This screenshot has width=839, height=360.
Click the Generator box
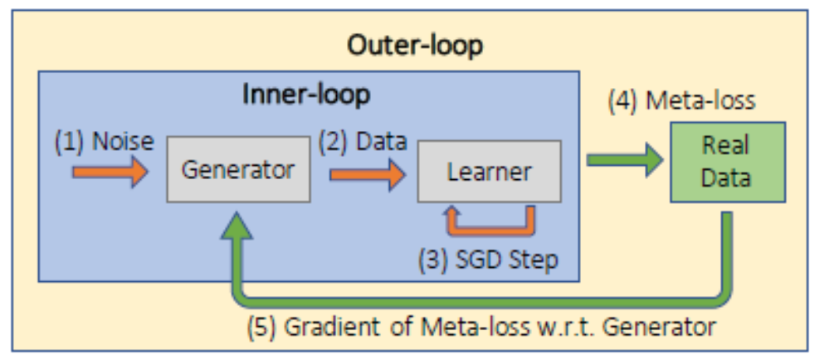pyautogui.click(x=237, y=170)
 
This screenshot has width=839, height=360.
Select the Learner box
pyautogui.click(x=489, y=172)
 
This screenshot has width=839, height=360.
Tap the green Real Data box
pyautogui.click(x=727, y=162)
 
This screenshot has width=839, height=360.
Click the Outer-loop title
pyautogui.click(x=414, y=45)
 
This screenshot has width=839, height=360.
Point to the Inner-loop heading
pyautogui.click(x=306, y=95)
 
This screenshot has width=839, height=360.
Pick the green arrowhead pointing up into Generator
pyautogui.click(x=237, y=226)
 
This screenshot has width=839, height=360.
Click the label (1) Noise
pyautogui.click(x=104, y=142)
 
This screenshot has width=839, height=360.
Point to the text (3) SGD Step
pyautogui.click(x=488, y=260)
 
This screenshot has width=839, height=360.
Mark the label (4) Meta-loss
pyautogui.click(x=681, y=101)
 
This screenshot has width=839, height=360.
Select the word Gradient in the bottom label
pyautogui.click(x=324, y=327)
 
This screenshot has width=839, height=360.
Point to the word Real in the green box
pyautogui.click(x=727, y=147)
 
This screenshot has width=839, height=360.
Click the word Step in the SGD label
pyautogui.click(x=532, y=260)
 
